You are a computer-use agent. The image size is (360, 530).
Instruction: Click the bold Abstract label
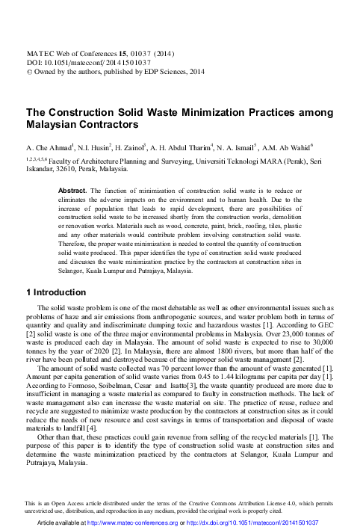tap(72, 191)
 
